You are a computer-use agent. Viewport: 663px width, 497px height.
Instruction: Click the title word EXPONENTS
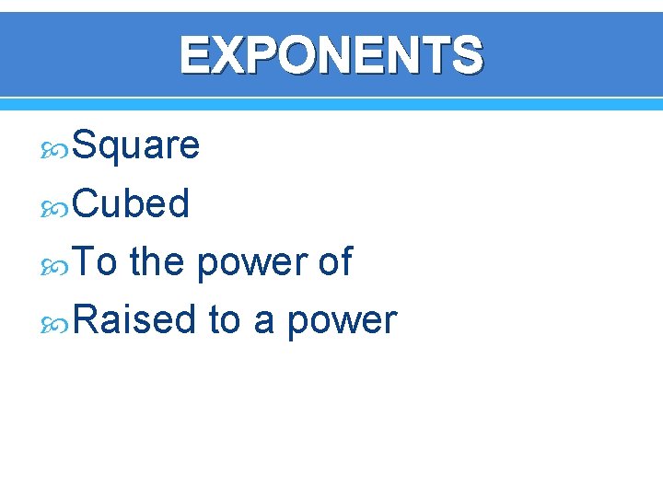pos(331,55)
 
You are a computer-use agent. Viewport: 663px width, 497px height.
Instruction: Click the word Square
pos(135,145)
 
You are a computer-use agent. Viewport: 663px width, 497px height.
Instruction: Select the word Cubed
pos(131,203)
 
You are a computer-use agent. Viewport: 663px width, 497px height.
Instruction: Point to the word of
pos(334,262)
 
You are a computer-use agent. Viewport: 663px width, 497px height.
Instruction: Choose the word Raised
pos(134,320)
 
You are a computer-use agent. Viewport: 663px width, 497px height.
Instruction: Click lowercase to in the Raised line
pos(224,321)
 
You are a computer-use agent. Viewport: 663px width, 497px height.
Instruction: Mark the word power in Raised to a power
pos(342,323)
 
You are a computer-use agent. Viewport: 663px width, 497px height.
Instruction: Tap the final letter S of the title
pos(465,55)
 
